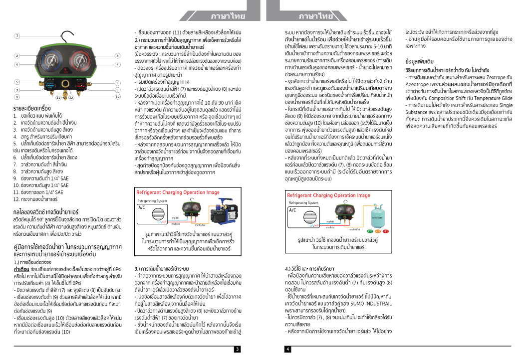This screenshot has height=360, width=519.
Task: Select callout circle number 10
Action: coord(118,97)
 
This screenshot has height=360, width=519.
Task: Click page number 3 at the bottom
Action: coord(238,349)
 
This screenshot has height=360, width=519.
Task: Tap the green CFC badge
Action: coord(370,231)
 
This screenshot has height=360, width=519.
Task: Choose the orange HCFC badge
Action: coord(378,231)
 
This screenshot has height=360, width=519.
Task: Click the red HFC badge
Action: coord(386,231)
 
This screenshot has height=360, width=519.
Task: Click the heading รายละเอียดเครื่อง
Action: coord(32,107)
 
